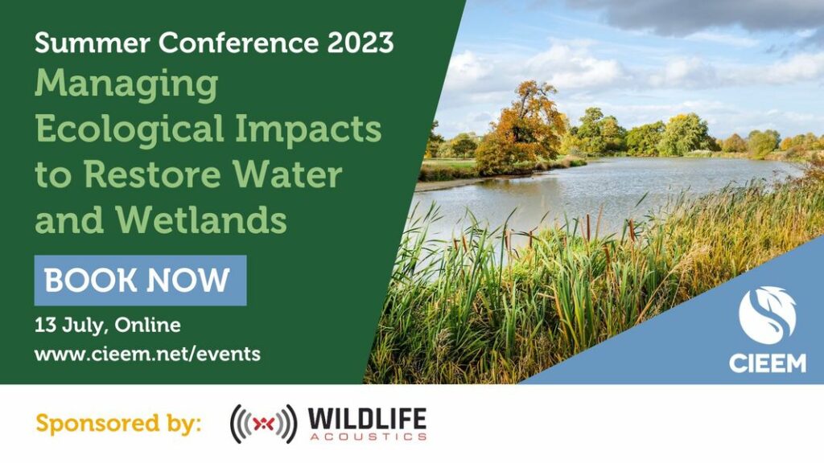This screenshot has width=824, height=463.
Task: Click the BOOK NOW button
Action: [140, 281]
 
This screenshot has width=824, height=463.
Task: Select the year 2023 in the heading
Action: [360, 43]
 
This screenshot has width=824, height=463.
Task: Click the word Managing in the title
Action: [126, 85]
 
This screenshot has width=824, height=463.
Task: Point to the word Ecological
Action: [130, 129]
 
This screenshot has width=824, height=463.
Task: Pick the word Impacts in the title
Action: [308, 129]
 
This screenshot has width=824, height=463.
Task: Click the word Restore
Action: [152, 174]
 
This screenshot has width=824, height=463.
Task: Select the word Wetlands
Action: [201, 219]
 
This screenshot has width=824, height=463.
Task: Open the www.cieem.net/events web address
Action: [148, 354]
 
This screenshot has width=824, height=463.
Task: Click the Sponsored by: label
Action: [118, 423]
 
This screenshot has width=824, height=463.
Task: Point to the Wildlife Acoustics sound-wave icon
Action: [264, 424]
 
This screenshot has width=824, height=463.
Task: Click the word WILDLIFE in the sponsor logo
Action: [367, 419]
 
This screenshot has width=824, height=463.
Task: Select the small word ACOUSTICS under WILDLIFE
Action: [368, 436]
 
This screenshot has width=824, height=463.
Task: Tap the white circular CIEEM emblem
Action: [767, 315]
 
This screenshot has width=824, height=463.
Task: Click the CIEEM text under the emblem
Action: [767, 363]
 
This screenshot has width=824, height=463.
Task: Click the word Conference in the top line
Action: [238, 43]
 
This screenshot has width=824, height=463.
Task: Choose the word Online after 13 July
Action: [148, 326]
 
